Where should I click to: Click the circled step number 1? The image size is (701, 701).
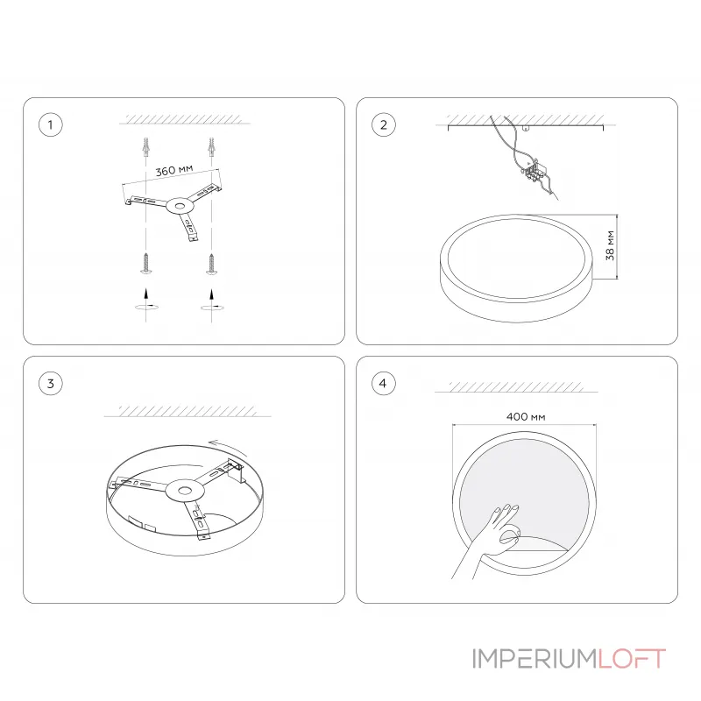pos(51,125)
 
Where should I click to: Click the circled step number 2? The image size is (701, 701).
pos(383,125)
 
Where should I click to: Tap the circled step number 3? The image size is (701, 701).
pos(51,383)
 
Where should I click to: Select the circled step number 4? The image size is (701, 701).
pos(383,383)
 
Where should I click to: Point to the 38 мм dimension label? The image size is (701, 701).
pos(611,246)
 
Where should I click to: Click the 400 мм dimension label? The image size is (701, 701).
pos(525,416)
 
